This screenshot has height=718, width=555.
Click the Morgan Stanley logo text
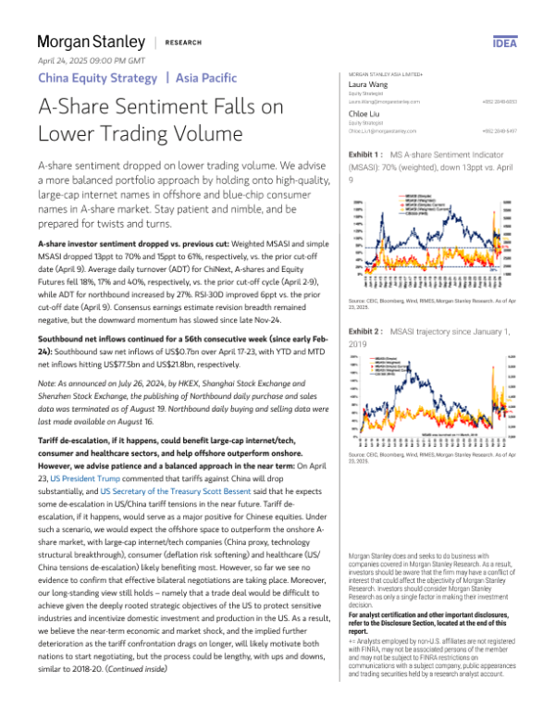click(91, 43)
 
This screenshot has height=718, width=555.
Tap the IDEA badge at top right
click(505, 43)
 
